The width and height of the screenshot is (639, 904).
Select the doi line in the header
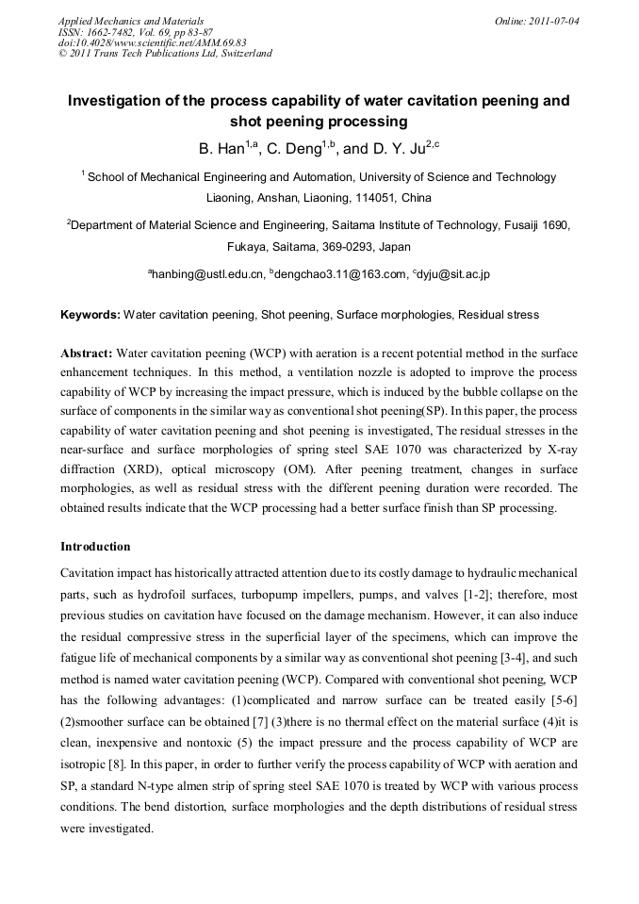pyautogui.click(x=153, y=42)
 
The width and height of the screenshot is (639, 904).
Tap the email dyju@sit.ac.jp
pyautogui.click(x=451, y=274)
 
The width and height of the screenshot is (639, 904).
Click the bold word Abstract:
pyautogui.click(x=87, y=353)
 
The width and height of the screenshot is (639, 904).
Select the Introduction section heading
pyautogui.click(x=95, y=546)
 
